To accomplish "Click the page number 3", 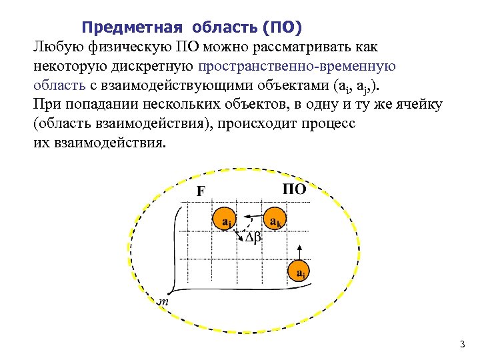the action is [461, 345].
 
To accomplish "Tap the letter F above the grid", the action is [201, 191].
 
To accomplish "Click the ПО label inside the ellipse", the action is [294, 189].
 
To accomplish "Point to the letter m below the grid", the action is [162, 301].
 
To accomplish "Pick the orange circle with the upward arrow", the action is [300, 272].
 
